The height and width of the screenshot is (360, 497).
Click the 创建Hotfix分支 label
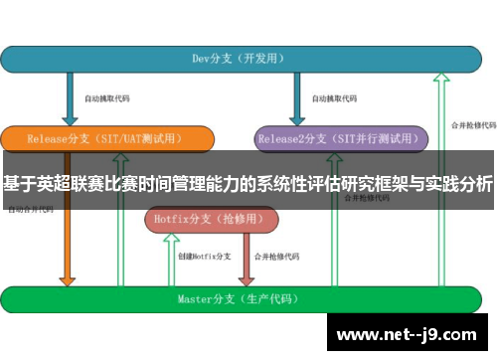(x=204, y=258)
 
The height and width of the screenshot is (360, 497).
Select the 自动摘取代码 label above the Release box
(x=106, y=99)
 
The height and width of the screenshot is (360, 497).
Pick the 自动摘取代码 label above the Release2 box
(x=333, y=99)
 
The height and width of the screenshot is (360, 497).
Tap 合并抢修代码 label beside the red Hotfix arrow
(x=276, y=258)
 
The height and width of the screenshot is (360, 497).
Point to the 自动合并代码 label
(x=30, y=211)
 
